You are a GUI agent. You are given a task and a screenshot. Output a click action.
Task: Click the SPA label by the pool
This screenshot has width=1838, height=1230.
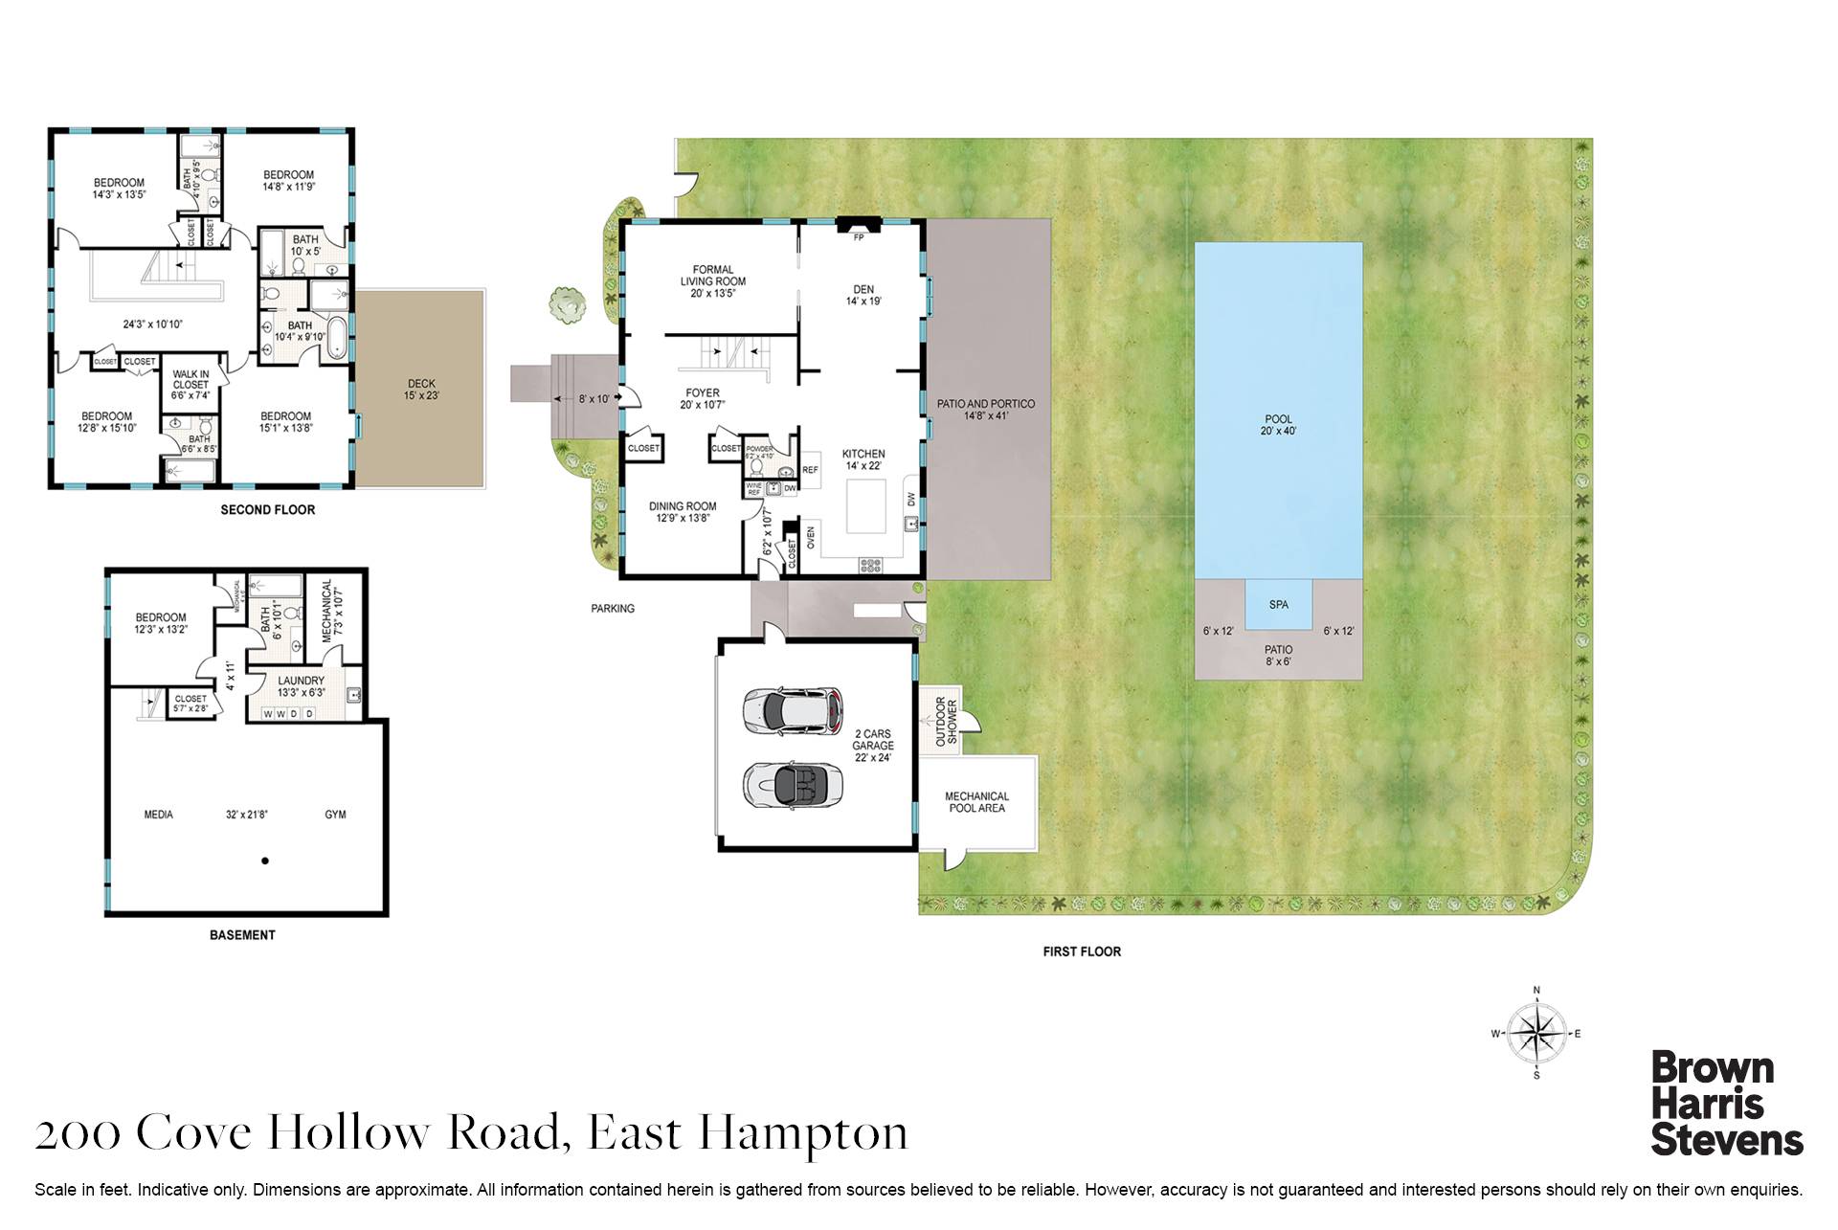(x=1278, y=605)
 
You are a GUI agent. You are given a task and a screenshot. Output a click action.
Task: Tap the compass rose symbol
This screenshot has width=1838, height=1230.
(x=1536, y=1034)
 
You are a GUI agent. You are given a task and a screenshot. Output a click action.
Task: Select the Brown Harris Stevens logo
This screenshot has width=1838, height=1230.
(x=1725, y=1104)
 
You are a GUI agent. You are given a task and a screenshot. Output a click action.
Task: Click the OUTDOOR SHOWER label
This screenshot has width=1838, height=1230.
(x=946, y=721)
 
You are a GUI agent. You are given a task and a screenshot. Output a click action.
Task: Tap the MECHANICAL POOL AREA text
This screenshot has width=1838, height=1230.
(x=976, y=802)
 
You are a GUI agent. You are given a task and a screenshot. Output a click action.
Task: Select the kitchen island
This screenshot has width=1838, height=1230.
(x=867, y=505)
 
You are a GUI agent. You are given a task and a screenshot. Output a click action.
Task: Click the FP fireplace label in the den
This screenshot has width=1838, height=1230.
(x=858, y=237)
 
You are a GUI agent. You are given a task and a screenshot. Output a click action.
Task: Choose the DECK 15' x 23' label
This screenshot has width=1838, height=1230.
(x=421, y=390)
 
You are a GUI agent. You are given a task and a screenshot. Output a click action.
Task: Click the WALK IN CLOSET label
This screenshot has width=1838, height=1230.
(x=191, y=385)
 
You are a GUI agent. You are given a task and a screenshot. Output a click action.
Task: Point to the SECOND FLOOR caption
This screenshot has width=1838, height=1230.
(x=267, y=510)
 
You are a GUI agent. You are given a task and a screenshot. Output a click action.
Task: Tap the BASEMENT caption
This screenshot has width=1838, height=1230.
(x=242, y=935)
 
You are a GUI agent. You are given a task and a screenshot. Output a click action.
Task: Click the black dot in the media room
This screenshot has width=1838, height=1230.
(x=265, y=861)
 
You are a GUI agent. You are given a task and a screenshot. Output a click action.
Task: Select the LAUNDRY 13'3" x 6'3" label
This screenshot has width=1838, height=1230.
(x=301, y=686)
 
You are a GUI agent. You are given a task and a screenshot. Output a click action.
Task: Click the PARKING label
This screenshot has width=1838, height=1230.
(x=613, y=609)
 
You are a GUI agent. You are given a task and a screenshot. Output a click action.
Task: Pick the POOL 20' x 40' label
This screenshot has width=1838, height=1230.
(x=1278, y=425)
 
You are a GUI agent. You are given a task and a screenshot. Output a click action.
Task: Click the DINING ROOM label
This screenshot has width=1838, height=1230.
(x=683, y=512)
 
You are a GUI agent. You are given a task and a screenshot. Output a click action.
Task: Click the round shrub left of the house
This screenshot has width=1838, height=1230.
(x=567, y=304)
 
